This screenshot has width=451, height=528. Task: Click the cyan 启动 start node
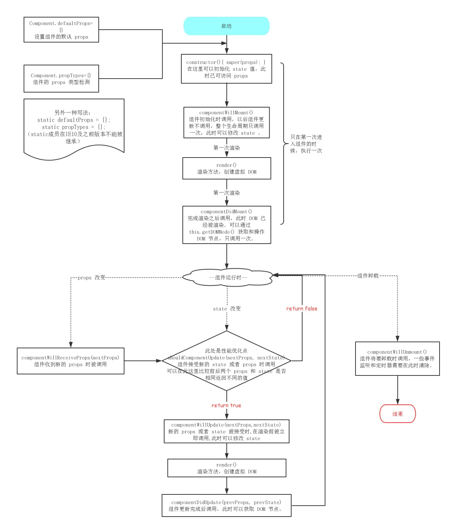click(226, 26)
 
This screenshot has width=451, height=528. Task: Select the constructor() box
click(226, 69)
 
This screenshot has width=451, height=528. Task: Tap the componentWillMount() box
click(226, 123)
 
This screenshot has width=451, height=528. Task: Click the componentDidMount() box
click(226, 225)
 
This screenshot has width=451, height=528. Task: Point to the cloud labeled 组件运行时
click(227, 278)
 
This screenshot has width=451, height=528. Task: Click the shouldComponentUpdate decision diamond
click(226, 361)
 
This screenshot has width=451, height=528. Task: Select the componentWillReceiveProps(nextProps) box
click(70, 361)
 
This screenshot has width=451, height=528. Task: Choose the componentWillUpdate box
click(226, 431)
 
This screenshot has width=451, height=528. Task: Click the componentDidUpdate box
click(226, 505)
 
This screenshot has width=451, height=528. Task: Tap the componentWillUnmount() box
click(397, 359)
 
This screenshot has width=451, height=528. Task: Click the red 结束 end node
click(397, 414)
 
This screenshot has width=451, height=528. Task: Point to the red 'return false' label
click(302, 309)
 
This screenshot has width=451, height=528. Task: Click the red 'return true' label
click(226, 405)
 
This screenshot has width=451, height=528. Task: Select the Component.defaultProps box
click(61, 30)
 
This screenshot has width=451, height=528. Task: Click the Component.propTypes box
click(61, 79)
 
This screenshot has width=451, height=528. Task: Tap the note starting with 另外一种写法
click(74, 127)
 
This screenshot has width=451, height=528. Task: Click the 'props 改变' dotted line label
click(92, 278)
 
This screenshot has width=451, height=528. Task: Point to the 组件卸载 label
click(368, 276)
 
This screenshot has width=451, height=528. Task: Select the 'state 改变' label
click(227, 309)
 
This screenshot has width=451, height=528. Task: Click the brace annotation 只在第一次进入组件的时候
click(306, 144)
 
